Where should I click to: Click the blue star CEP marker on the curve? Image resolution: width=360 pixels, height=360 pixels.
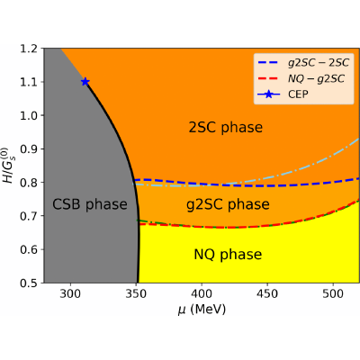(x=85, y=82)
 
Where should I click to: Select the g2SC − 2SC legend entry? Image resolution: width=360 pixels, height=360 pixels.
(x=303, y=62)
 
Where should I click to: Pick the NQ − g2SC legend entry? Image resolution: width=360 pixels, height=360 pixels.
(x=301, y=78)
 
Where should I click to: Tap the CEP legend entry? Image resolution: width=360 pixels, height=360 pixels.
(x=283, y=94)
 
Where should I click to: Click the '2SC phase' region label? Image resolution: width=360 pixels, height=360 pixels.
(x=226, y=127)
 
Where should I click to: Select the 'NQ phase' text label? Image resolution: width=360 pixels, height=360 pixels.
(x=228, y=255)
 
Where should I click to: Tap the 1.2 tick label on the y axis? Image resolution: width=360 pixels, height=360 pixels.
(x=29, y=49)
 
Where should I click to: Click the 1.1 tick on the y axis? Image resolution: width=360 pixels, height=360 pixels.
(x=29, y=82)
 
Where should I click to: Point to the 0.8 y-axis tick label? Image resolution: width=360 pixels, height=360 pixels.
(x=29, y=183)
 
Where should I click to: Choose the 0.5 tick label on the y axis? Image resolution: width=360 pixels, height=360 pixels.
(x=29, y=283)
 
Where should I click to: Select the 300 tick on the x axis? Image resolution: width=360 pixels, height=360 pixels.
(x=70, y=293)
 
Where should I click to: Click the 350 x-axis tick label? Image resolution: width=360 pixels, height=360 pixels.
(x=136, y=293)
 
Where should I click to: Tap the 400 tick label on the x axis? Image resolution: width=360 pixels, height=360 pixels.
(x=202, y=293)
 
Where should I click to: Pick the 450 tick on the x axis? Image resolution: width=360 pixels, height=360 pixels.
(x=267, y=293)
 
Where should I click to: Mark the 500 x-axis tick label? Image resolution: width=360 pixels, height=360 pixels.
(x=333, y=293)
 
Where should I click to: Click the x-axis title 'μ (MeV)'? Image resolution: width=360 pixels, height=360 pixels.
(x=202, y=309)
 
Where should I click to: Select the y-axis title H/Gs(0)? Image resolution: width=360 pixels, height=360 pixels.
(x=8, y=166)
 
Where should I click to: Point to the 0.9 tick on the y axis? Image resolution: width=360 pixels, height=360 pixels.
(x=29, y=149)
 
